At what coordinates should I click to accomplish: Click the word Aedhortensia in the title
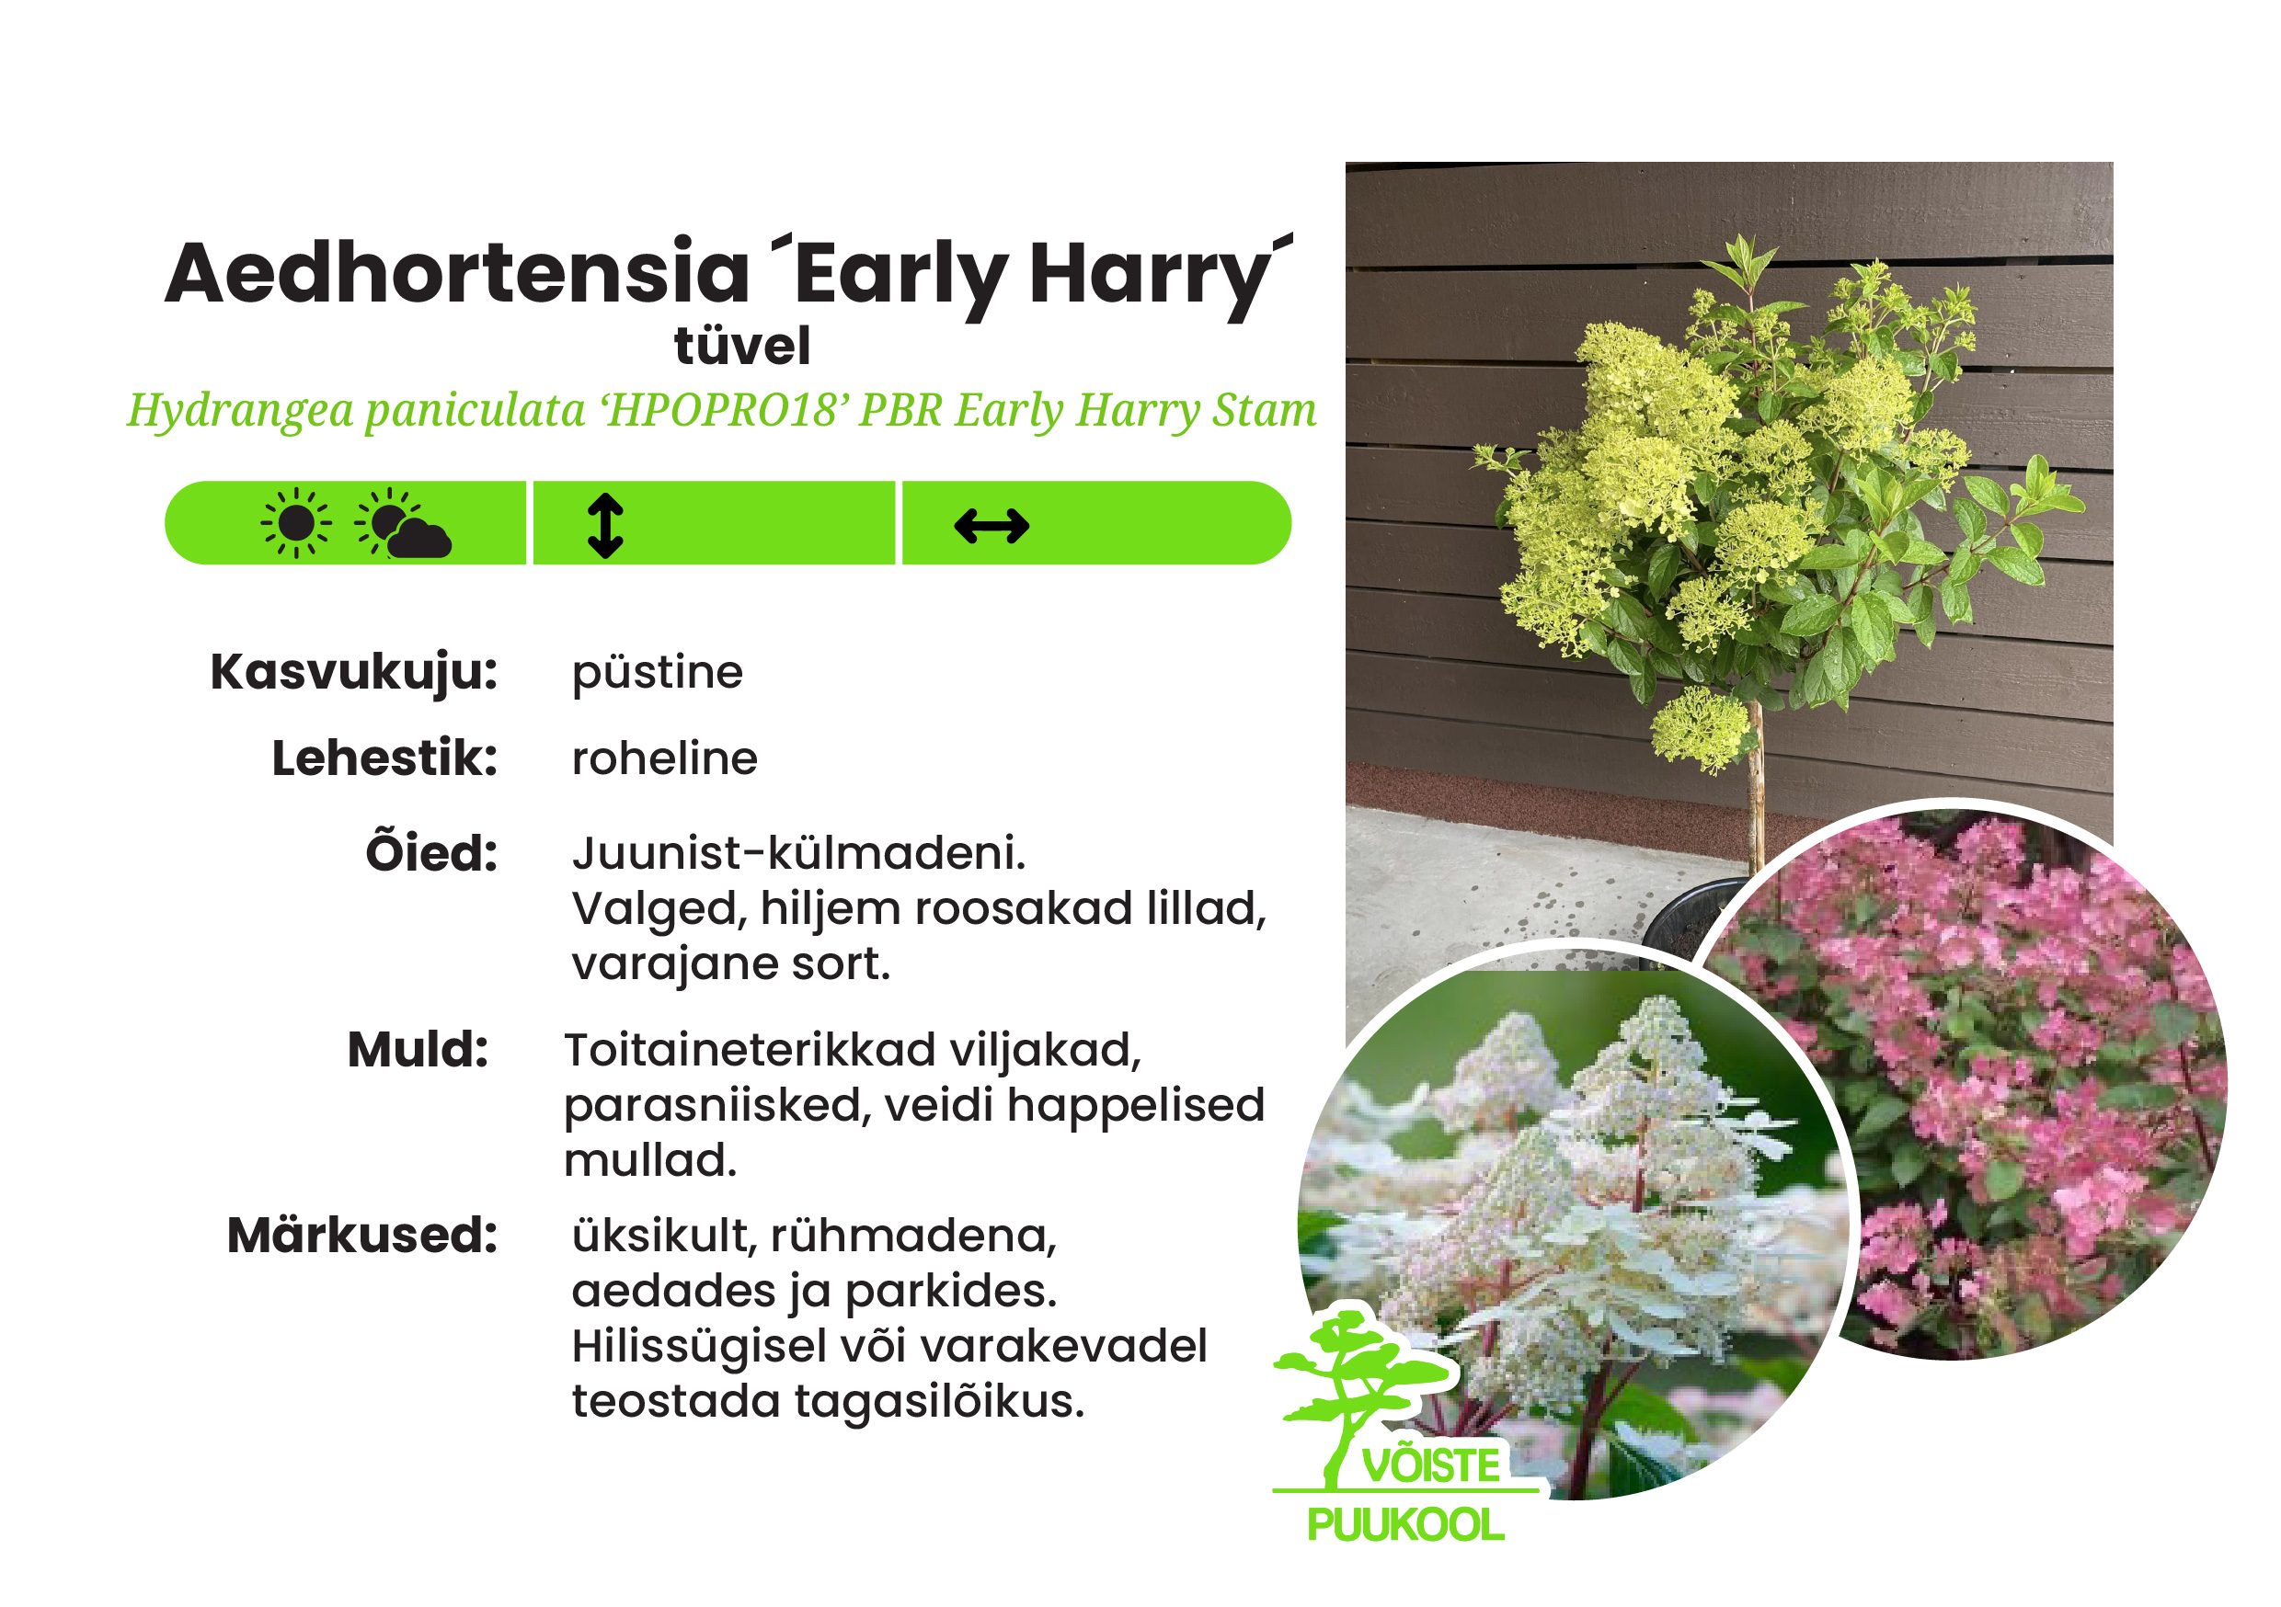point(456,273)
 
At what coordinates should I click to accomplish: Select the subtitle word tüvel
point(742,347)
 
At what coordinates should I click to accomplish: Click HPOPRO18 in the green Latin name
point(721,410)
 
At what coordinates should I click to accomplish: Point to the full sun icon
point(295,523)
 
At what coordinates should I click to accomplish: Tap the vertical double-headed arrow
point(605,526)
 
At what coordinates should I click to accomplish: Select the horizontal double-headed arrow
point(991,527)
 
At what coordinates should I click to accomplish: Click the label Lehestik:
point(384,759)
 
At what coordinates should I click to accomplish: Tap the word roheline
point(665,759)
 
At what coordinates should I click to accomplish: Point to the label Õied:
point(431,853)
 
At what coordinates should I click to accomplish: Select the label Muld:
point(418,1051)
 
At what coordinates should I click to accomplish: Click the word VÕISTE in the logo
point(1430,1466)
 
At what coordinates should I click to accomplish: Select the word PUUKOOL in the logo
point(1405,1524)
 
